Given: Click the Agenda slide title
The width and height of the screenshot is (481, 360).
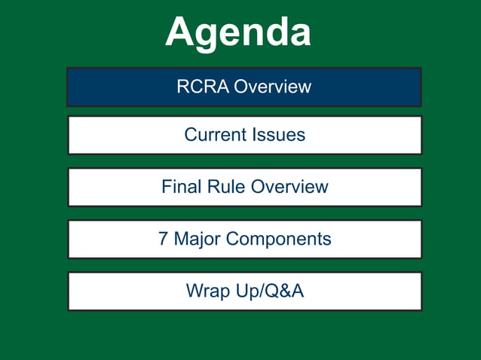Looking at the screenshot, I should (238, 33).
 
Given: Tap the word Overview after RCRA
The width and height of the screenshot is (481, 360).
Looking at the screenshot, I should (272, 87).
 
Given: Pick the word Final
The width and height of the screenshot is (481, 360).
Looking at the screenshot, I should (179, 187).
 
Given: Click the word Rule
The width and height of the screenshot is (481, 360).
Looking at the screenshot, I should (222, 187).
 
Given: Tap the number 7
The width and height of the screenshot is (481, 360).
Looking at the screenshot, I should (164, 239).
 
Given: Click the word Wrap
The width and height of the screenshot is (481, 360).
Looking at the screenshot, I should (205, 291).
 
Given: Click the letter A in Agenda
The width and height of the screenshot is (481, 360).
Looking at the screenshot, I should (182, 33).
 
